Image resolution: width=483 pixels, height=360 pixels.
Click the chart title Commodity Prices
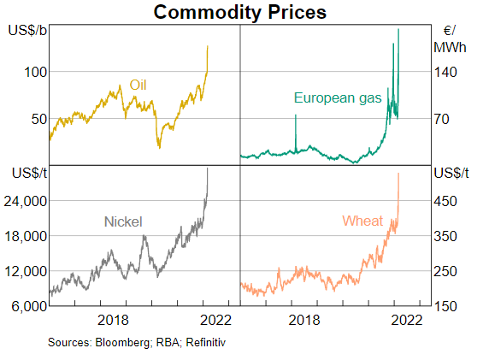(239, 12)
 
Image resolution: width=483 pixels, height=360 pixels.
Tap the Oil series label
(138, 85)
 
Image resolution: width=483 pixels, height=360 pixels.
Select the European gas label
(338, 98)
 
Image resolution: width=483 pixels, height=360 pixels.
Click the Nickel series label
(123, 221)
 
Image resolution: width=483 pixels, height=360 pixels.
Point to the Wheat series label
(362, 221)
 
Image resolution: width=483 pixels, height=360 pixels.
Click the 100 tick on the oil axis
(36, 72)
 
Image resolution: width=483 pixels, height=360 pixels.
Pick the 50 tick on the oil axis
(39, 119)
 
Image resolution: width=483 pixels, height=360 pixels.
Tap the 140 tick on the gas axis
(445, 72)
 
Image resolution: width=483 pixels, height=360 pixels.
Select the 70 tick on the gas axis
(441, 119)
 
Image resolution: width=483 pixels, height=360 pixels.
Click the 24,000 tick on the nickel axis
(26, 201)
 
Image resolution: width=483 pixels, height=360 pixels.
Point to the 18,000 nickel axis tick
(26, 236)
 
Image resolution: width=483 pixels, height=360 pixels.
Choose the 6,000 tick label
(29, 306)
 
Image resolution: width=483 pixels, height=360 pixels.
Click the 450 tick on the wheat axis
(445, 201)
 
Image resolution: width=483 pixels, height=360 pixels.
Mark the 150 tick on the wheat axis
(445, 306)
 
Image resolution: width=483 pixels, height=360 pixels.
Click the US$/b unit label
(27, 31)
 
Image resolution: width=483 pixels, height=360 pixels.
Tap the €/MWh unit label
(450, 39)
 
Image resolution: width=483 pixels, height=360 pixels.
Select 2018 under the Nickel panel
(113, 321)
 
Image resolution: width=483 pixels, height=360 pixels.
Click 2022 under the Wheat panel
(407, 321)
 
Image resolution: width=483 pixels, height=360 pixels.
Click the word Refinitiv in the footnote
(206, 342)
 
